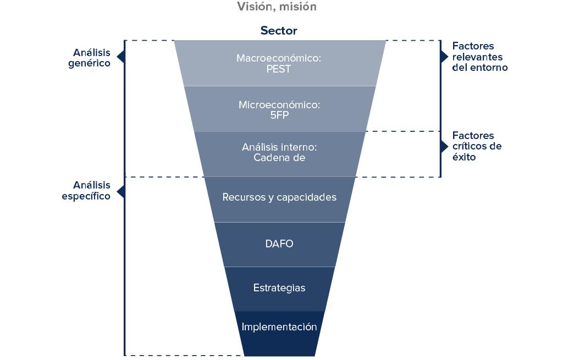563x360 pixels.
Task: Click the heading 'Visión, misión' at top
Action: (277, 7)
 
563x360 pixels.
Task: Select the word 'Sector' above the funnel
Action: (279, 31)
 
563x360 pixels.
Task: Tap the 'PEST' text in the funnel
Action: (278, 69)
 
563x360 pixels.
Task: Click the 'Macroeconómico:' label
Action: (278, 58)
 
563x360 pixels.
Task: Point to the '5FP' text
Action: (279, 116)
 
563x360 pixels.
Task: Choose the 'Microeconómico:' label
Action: (279, 104)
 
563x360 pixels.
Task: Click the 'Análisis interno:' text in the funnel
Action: (279, 147)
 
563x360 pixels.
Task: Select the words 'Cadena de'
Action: (279, 158)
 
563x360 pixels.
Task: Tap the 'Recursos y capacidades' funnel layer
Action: (279, 197)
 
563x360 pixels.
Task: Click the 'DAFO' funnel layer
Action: (279, 243)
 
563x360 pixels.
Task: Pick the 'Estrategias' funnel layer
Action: (279, 288)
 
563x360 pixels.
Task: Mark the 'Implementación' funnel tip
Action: (279, 327)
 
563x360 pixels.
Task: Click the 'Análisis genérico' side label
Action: (91, 58)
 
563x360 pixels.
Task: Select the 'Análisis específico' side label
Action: (86, 190)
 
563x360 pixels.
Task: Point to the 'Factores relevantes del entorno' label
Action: (479, 57)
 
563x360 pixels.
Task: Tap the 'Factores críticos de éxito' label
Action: (477, 146)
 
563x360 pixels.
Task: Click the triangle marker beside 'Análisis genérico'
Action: (121, 57)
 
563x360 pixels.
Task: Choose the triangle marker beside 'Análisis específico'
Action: (121, 191)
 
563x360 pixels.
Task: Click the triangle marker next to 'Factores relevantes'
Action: (444, 57)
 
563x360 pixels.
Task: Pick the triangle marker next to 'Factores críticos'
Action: (444, 147)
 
